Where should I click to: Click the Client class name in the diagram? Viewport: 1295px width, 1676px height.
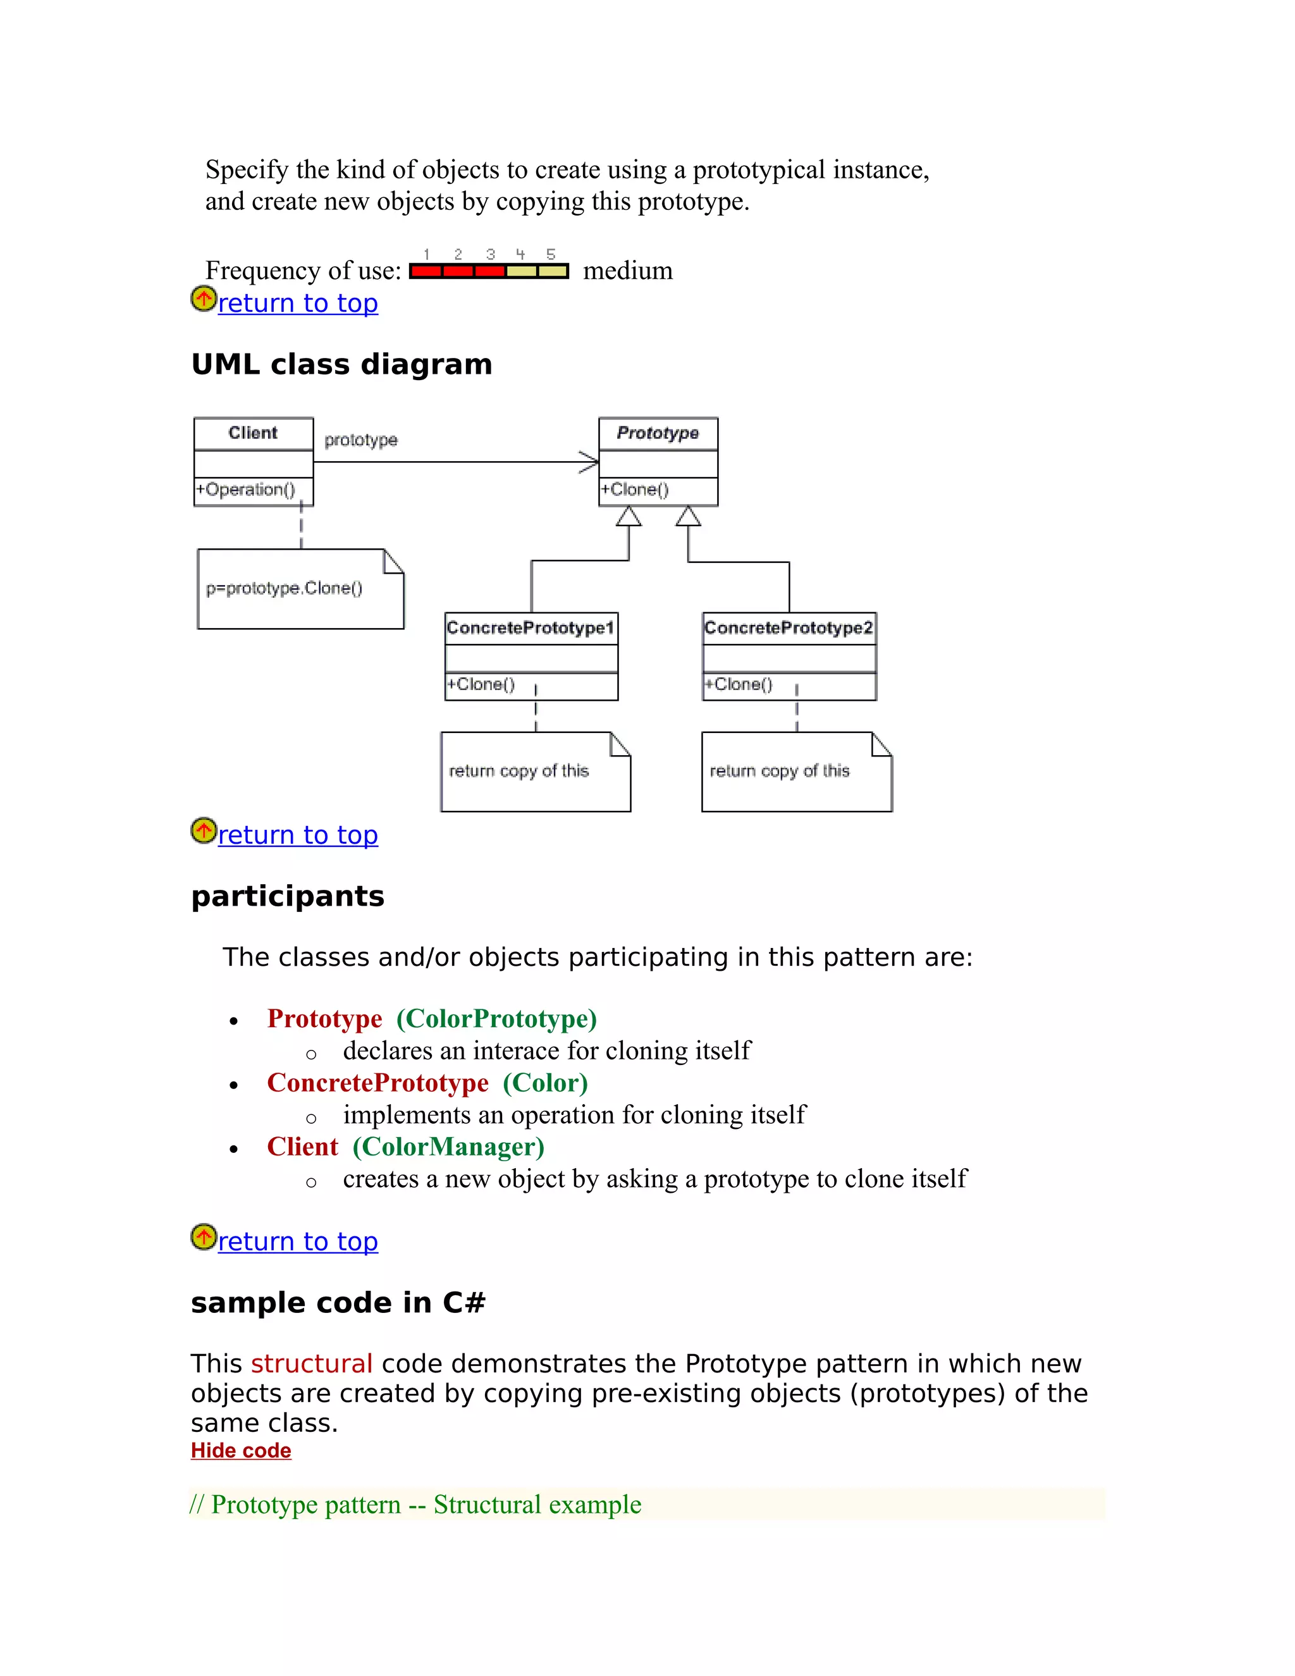(x=252, y=433)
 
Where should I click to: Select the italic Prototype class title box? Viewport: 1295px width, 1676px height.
(x=658, y=433)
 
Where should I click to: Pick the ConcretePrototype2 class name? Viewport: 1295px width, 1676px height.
(x=788, y=628)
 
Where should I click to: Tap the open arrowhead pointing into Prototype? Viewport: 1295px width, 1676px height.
(x=589, y=462)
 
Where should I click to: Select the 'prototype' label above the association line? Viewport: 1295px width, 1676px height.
(x=360, y=440)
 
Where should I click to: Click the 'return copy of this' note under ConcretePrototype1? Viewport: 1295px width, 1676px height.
(x=519, y=770)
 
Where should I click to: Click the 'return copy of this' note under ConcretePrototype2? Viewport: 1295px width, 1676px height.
(x=780, y=770)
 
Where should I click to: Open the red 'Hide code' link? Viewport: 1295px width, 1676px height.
(x=241, y=1450)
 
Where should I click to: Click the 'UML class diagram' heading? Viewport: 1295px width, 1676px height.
(x=341, y=364)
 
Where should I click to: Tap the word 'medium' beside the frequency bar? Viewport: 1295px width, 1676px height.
(x=627, y=271)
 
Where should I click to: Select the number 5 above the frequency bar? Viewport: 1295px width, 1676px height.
(x=551, y=254)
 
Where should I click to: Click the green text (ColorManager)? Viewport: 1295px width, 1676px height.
(x=448, y=1147)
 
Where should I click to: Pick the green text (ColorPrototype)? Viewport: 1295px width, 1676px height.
(x=496, y=1018)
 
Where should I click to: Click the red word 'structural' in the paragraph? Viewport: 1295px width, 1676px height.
(x=312, y=1364)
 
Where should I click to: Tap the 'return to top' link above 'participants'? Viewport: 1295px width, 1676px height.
(x=298, y=835)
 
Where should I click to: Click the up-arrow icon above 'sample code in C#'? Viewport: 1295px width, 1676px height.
(x=204, y=1237)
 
